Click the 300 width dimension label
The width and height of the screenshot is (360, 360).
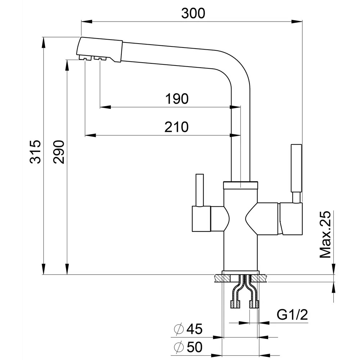(x=193, y=13)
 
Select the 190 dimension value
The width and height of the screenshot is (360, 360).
(x=177, y=99)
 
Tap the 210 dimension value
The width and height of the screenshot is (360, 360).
(x=176, y=127)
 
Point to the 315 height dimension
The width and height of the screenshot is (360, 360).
(x=35, y=152)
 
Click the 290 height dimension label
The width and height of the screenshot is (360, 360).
(x=59, y=152)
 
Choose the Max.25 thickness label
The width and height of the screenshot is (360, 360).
(x=325, y=234)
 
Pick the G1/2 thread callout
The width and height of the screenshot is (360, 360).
(x=292, y=315)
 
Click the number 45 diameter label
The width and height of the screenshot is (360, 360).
(x=194, y=329)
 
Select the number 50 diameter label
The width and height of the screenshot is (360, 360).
(x=194, y=347)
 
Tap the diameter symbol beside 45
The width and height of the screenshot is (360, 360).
(x=179, y=329)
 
